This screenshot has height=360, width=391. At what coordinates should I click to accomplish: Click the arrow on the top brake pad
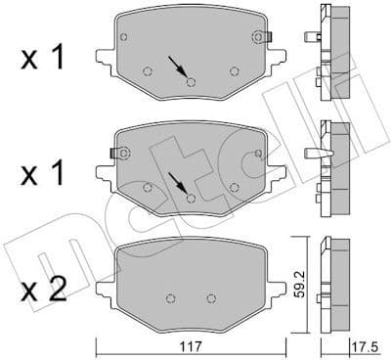coord(178,68)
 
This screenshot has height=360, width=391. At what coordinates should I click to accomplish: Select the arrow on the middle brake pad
coord(178,183)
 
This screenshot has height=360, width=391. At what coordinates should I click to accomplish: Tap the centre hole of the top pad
coord(191,82)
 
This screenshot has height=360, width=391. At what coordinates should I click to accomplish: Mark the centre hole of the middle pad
coord(191,197)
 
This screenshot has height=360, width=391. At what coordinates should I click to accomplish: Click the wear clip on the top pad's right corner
coord(259,36)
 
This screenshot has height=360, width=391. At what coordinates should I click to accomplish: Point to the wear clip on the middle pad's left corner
coord(119,152)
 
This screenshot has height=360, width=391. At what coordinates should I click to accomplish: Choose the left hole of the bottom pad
coord(170,298)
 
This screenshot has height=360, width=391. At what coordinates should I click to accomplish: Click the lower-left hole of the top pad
coord(147,70)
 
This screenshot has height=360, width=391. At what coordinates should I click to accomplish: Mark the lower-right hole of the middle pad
coord(234,186)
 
